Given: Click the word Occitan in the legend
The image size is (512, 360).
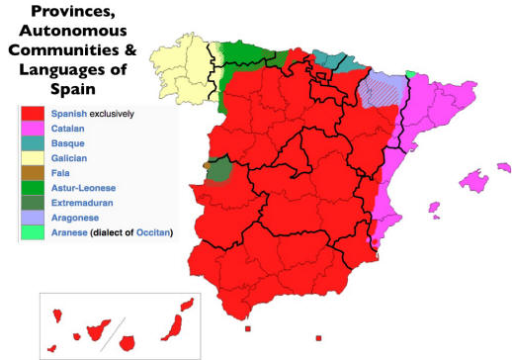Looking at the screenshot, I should pos(150,232).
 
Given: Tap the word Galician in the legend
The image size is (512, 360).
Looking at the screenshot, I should pos(73,158).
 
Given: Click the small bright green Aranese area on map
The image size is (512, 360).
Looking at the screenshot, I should pos(410,72).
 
